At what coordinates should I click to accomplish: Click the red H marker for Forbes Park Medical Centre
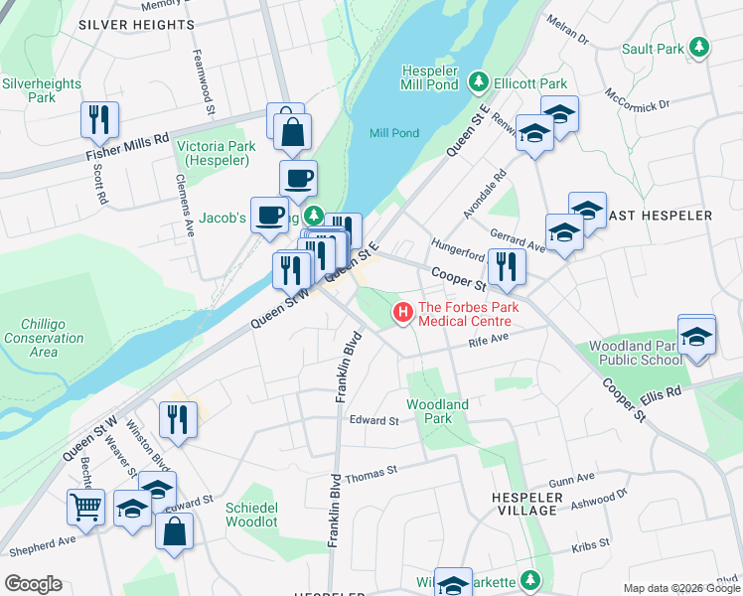coord(403,313)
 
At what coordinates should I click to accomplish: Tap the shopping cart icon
coord(85,507)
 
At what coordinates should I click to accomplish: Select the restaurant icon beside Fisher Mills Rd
coord(99,120)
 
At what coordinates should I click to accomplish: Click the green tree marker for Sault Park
coord(700,48)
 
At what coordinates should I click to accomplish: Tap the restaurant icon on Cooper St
coord(507,266)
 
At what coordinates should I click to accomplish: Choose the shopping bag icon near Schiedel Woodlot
coord(174,530)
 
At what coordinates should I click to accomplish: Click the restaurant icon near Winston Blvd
coord(178,418)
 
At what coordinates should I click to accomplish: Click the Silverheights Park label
coord(42,91)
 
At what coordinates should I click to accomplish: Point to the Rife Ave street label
coord(488,340)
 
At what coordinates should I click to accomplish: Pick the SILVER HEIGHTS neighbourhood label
coord(136,24)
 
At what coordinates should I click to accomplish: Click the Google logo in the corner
coord(33,584)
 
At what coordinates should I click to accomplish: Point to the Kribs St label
coord(588,548)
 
